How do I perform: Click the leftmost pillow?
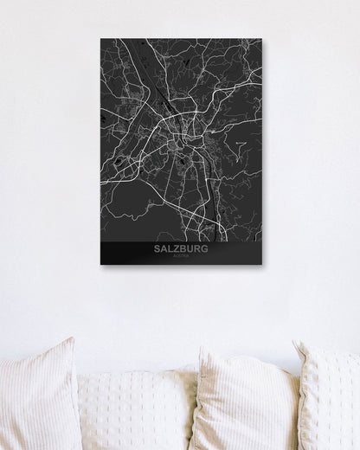[39, 398]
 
